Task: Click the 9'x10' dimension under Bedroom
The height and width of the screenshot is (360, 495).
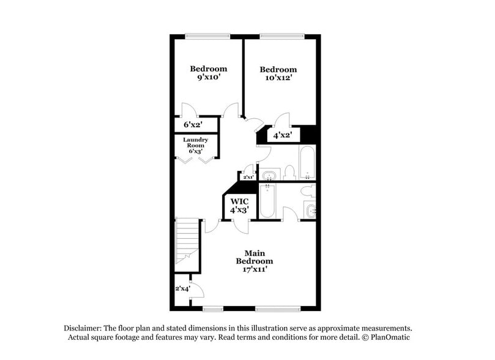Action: (x=208, y=78)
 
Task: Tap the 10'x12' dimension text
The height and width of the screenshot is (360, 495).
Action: (x=278, y=78)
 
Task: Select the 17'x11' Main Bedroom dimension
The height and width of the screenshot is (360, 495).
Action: (x=255, y=269)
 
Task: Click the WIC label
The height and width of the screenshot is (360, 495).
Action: (x=239, y=201)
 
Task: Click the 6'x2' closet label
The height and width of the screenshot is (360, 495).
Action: (x=193, y=124)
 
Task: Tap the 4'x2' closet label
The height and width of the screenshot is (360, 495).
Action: (x=282, y=135)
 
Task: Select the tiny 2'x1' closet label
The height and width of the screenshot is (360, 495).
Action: (x=248, y=178)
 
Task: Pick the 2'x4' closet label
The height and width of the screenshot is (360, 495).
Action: (x=182, y=288)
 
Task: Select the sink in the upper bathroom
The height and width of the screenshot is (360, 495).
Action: (x=269, y=176)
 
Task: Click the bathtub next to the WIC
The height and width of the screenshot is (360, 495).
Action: (x=268, y=201)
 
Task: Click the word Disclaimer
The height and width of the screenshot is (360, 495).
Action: (x=85, y=328)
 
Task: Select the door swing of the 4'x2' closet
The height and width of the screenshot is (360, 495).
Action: (x=281, y=119)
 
